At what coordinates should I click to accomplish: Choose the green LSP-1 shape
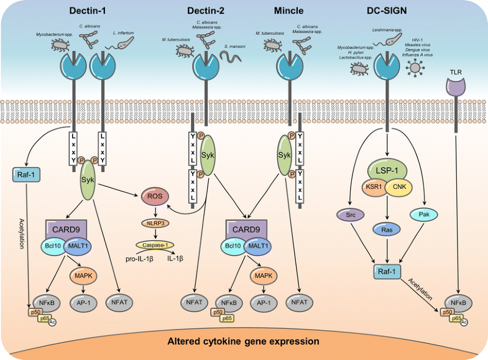(388, 169)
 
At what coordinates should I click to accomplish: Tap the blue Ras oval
(388, 229)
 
